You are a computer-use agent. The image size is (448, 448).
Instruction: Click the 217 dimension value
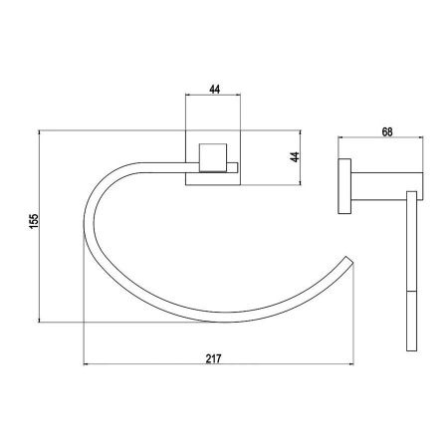(x=213, y=358)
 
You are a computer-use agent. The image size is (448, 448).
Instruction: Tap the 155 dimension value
(x=34, y=221)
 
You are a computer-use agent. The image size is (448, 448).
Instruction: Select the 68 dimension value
(x=387, y=132)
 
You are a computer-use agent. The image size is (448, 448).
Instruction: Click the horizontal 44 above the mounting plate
(x=215, y=90)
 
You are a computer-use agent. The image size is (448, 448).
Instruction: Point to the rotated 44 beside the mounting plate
(x=295, y=157)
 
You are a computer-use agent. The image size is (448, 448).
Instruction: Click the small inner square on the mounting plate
(x=213, y=157)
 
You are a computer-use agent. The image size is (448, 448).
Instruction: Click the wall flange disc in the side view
(x=344, y=186)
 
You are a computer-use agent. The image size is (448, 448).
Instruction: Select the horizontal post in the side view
(x=387, y=186)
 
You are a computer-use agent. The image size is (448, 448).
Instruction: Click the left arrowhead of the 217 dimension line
(x=86, y=364)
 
